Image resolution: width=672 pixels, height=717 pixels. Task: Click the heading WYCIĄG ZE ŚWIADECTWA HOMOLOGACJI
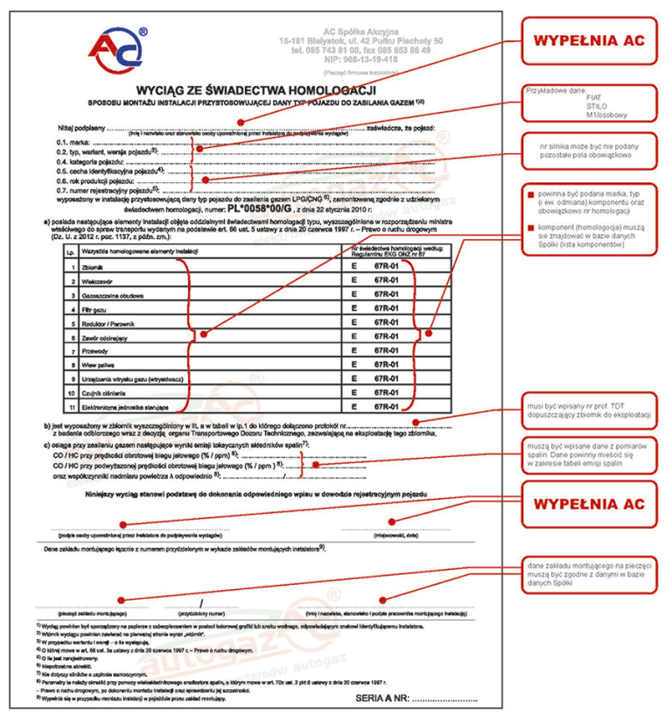click(x=255, y=90)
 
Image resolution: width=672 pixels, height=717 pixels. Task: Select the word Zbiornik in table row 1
click(x=92, y=264)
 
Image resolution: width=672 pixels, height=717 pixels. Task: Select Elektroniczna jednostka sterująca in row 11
click(x=127, y=406)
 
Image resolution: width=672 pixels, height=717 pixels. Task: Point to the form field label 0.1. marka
click(x=73, y=142)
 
